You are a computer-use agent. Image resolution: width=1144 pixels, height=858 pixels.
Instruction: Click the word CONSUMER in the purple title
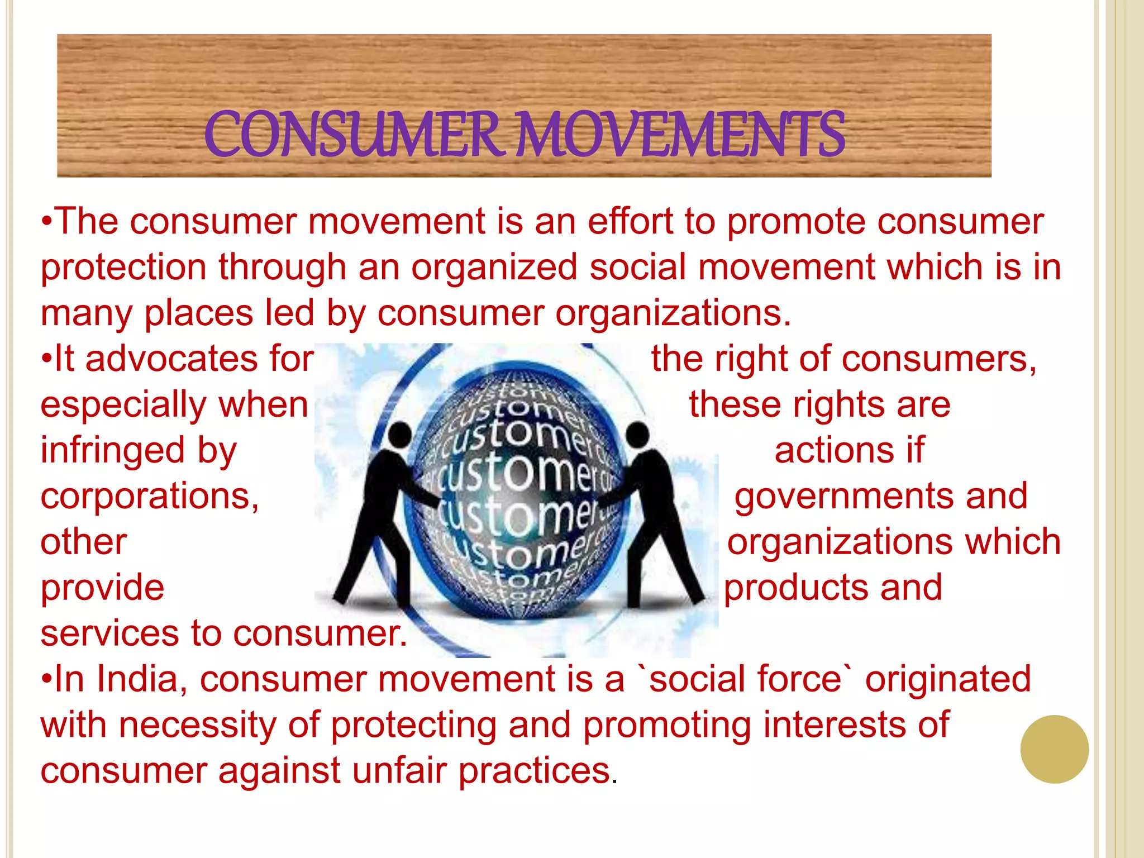pyautogui.click(x=352, y=135)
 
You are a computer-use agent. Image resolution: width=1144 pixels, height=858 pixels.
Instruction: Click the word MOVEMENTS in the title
pyautogui.click(x=679, y=135)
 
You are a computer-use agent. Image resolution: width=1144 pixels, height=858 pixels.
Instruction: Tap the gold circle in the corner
pyautogui.click(x=1054, y=749)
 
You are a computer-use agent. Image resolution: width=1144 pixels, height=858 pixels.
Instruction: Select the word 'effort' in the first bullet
pyautogui.click(x=630, y=222)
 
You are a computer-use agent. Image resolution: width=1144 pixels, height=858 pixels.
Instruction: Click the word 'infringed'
pyautogui.click(x=112, y=450)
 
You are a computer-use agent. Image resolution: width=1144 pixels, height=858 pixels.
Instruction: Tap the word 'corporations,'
pyautogui.click(x=150, y=496)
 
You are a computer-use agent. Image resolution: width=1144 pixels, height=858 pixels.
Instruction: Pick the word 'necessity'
pyautogui.click(x=197, y=725)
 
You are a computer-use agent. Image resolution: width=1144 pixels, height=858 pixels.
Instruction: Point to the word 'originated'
pyautogui.click(x=948, y=679)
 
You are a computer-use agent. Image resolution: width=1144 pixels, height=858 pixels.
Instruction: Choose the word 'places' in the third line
pyautogui.click(x=198, y=313)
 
